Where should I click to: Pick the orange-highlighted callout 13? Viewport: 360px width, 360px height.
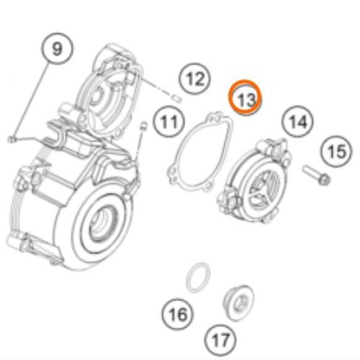click(246, 98)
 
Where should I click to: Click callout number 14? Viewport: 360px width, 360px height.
click(297, 122)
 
